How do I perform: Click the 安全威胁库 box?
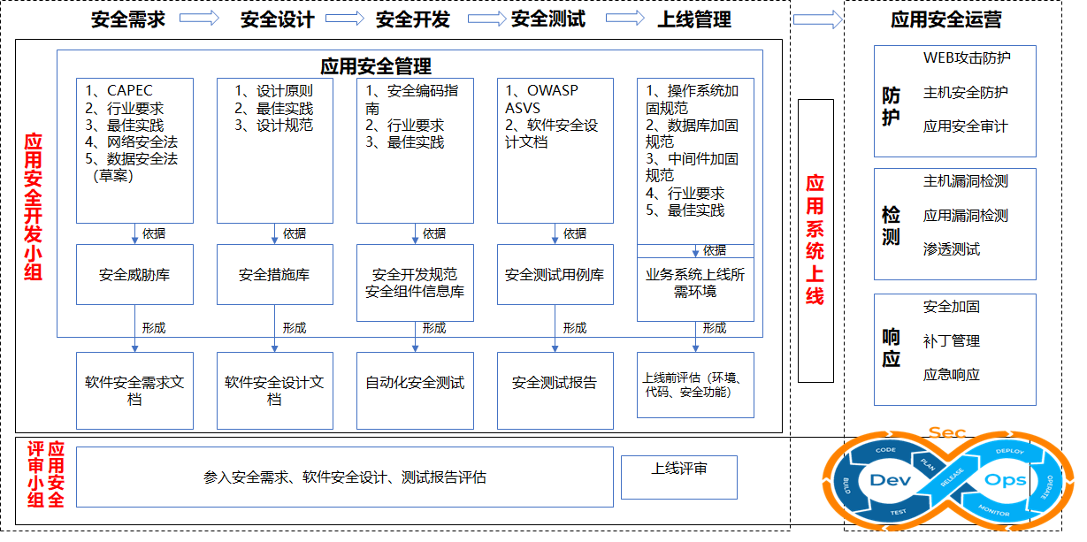(134, 275)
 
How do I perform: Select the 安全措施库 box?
(274, 275)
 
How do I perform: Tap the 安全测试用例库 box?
(555, 275)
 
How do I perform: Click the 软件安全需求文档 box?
(134, 391)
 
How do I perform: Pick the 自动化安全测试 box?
(415, 383)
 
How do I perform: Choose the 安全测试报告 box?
(555, 383)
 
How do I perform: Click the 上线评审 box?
(679, 469)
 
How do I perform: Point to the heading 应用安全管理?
(376, 66)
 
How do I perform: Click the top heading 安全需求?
(128, 19)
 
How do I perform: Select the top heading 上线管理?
(694, 19)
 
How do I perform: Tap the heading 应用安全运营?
(946, 20)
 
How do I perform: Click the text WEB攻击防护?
(967, 58)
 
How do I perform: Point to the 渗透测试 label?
(952, 249)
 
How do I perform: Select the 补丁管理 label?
(952, 340)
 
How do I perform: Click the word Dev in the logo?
(891, 481)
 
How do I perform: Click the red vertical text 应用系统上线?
(815, 240)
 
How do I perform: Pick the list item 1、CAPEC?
(119, 90)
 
